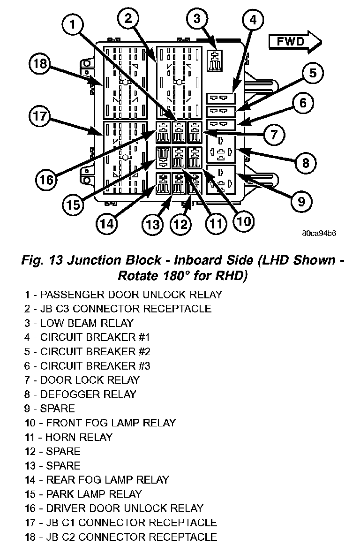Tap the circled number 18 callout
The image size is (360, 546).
[x=40, y=64]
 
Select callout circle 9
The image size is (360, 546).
[x=301, y=201]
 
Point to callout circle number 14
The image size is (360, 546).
[x=107, y=223]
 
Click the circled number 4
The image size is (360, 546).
[x=253, y=20]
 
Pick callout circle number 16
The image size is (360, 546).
[x=46, y=180]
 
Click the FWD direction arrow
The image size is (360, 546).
[x=295, y=42]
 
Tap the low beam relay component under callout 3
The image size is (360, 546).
[x=215, y=60]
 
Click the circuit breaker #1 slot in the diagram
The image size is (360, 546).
[x=221, y=98]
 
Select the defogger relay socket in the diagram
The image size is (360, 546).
[x=221, y=149]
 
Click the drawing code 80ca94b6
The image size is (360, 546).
[x=319, y=233]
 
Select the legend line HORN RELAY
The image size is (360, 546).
[x=69, y=437]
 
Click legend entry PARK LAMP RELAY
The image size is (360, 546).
[x=83, y=494]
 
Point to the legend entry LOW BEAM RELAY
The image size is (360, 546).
[x=79, y=323]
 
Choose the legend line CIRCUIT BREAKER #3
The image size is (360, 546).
[x=87, y=365]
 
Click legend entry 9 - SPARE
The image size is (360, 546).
[x=50, y=409]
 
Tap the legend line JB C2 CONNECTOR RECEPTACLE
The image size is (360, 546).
[x=121, y=537]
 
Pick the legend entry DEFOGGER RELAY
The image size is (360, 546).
[x=80, y=394]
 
